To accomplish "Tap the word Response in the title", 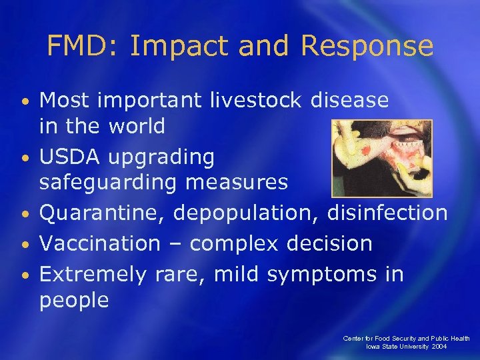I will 367,46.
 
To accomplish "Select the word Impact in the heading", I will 168,46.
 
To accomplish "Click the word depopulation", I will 247,213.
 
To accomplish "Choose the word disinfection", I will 387,213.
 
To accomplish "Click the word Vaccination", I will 100,243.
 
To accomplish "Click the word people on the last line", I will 74,301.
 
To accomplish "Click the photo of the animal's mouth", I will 382,158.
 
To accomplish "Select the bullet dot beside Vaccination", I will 24,244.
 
